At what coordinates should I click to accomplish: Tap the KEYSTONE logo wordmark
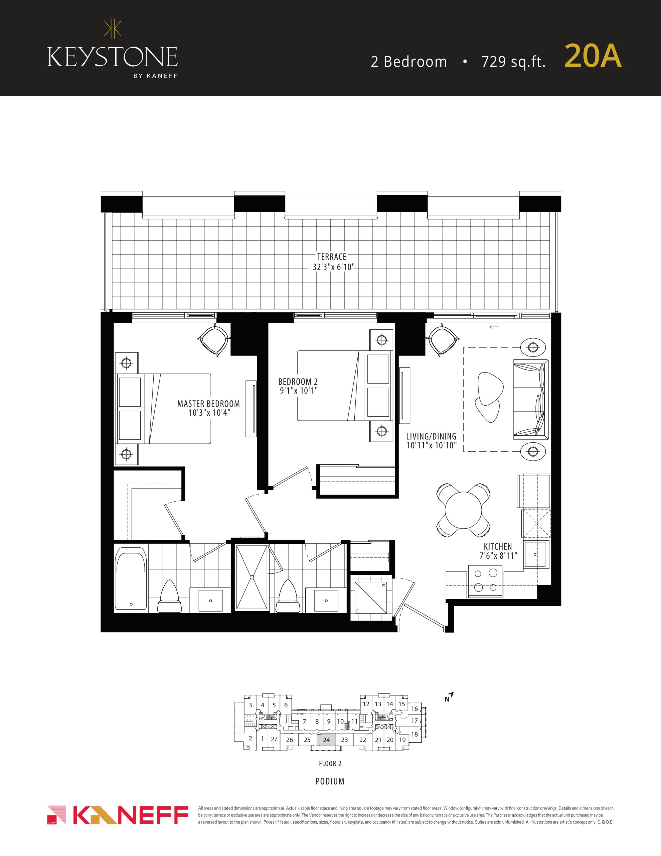pos(112,57)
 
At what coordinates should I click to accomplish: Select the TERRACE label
pos(332,257)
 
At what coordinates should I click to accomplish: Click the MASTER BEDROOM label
pos(208,404)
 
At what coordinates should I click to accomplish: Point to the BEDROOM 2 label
pos(298,382)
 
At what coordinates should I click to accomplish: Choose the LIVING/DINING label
pos(431,437)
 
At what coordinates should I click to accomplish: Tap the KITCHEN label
pos(498,546)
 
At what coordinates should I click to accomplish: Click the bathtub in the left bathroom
pos(131,581)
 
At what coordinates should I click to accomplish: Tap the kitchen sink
pos(537,555)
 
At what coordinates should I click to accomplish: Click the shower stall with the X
pos(252,577)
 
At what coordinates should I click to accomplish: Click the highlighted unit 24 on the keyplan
pos(326,740)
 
